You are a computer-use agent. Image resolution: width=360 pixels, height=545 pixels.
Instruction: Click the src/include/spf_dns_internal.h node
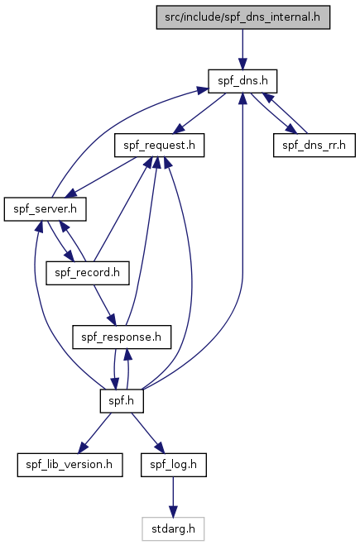tap(242, 17)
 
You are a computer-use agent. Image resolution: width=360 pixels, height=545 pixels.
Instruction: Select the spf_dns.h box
tap(242, 81)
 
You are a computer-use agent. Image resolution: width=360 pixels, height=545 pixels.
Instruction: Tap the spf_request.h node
tap(159, 145)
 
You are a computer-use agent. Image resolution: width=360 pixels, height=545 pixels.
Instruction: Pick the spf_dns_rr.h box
tap(314, 145)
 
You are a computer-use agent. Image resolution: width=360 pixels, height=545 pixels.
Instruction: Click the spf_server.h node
tap(46, 209)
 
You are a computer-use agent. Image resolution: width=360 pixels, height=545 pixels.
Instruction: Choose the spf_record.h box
tap(87, 273)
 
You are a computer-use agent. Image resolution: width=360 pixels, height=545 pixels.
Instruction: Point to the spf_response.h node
tap(122, 337)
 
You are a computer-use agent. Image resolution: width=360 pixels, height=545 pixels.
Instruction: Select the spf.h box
tap(122, 401)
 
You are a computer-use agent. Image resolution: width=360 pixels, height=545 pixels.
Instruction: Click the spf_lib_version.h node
tap(70, 465)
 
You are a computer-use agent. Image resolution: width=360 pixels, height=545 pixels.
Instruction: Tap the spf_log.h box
tap(174, 465)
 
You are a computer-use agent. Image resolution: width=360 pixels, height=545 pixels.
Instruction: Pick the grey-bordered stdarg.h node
tap(173, 528)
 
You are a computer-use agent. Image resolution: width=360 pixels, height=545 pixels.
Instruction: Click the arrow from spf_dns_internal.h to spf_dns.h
tap(242, 50)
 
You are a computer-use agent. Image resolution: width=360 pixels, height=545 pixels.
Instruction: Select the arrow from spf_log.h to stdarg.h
tap(173, 497)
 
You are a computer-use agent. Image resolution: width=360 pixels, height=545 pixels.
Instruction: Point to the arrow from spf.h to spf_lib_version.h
tap(94, 433)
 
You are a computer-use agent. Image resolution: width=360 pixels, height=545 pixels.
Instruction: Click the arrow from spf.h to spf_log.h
tap(147, 433)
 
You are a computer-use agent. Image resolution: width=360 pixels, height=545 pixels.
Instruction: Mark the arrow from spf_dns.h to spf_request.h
tap(199, 113)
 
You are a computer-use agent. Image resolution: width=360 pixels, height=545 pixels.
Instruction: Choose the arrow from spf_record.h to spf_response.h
tap(104, 305)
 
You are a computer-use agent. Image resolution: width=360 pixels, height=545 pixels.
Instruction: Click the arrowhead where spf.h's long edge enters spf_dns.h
tap(242, 98)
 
